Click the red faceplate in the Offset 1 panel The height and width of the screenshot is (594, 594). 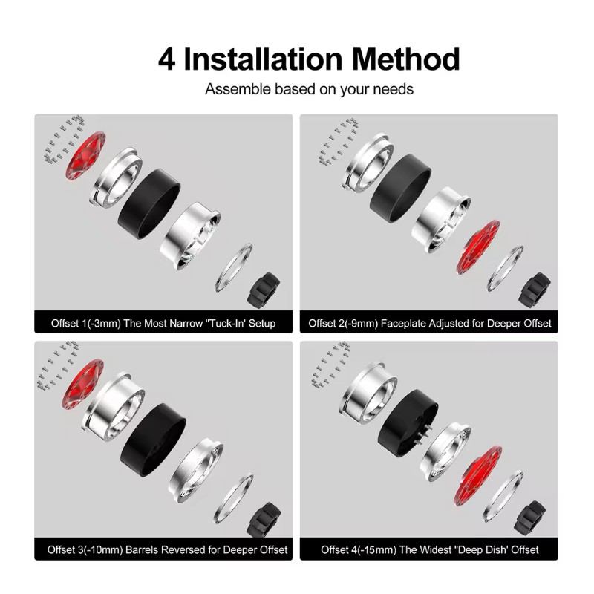click(x=85, y=155)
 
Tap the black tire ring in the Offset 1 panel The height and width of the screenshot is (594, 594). click(x=149, y=203)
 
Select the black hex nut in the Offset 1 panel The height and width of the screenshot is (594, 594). click(x=264, y=290)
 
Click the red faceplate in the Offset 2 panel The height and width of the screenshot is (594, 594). click(x=478, y=247)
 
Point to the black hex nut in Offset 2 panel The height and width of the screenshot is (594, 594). click(x=535, y=289)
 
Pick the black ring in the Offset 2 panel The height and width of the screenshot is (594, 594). click(x=400, y=189)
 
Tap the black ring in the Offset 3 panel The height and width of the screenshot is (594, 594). click(x=153, y=440)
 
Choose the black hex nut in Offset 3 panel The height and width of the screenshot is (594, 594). click(x=264, y=519)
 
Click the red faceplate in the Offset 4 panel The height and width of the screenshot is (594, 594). click(x=477, y=475)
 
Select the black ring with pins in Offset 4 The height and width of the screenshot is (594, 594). click(x=408, y=422)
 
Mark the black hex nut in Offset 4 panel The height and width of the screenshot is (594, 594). click(x=530, y=518)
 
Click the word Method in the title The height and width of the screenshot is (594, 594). click(x=405, y=59)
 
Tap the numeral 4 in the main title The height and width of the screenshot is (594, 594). click(x=166, y=60)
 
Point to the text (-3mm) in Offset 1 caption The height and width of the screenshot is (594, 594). click(x=102, y=323)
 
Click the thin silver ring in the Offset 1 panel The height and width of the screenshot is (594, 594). click(x=233, y=267)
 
